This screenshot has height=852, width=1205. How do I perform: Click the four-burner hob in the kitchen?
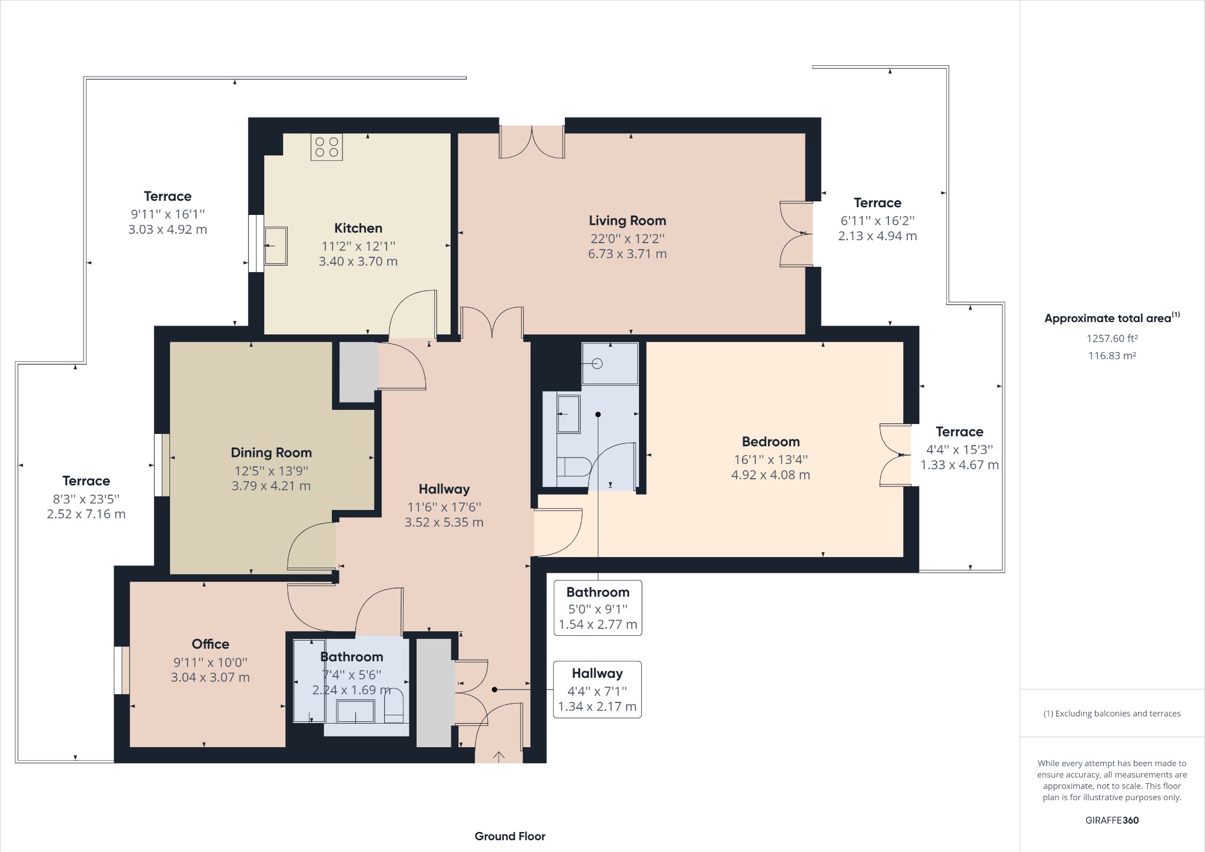(x=327, y=147)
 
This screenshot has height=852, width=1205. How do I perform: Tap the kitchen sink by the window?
(x=275, y=246)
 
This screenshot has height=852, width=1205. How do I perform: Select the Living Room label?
(x=627, y=221)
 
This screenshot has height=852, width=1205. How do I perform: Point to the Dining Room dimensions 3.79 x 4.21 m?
(x=271, y=486)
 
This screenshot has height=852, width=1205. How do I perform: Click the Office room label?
(x=210, y=644)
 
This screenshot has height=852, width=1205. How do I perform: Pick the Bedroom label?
(x=770, y=442)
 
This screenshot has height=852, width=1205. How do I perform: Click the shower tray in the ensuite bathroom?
(x=610, y=363)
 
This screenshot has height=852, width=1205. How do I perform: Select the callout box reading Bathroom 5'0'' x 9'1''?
(x=598, y=608)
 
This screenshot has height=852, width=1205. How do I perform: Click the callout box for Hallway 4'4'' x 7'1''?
(x=597, y=689)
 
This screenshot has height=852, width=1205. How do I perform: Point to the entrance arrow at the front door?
(x=498, y=756)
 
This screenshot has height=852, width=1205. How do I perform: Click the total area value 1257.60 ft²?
(x=1111, y=339)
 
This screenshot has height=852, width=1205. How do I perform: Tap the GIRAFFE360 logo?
(x=1111, y=820)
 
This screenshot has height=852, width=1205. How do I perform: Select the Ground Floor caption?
(x=510, y=836)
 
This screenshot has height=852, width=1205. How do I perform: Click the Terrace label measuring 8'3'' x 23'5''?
(x=86, y=481)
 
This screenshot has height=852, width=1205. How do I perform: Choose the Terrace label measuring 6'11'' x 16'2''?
(x=877, y=203)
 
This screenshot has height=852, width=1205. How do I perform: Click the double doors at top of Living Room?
(x=532, y=141)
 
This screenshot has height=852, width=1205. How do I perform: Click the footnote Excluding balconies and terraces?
(x=1111, y=714)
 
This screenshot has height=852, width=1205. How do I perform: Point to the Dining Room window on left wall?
(x=162, y=465)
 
